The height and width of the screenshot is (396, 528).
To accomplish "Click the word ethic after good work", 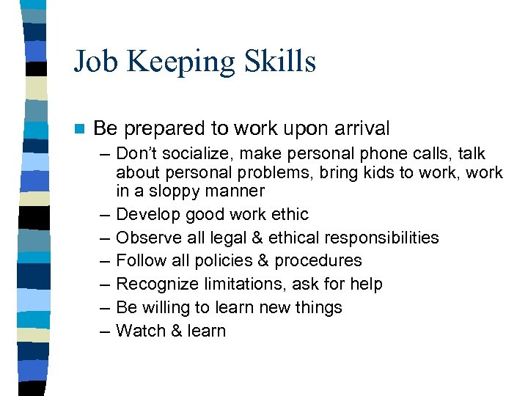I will pos(288,215).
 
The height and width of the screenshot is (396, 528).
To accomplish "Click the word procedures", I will pos(321,261).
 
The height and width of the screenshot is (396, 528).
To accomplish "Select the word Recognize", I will pos(153,284).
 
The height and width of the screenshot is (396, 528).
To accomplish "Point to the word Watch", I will pos(141,331).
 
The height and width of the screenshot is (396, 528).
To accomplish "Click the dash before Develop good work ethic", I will pos(103,215).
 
